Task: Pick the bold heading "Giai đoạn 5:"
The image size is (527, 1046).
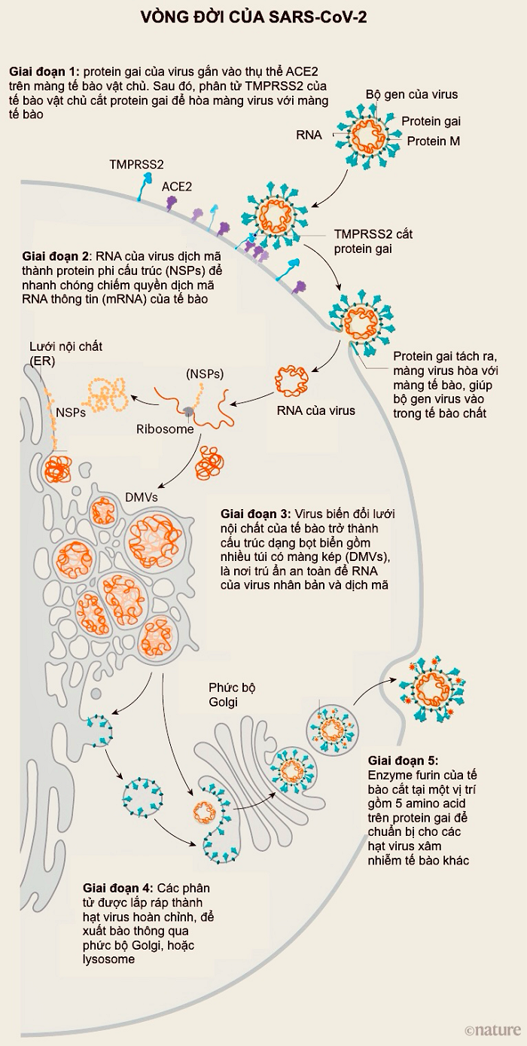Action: [x=402, y=761]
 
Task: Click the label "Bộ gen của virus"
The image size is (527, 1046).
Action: [x=412, y=94]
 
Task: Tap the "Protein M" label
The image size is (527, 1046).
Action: [x=434, y=141]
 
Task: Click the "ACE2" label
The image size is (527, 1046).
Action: [x=177, y=184]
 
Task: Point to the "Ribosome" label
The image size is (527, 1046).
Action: [x=165, y=429]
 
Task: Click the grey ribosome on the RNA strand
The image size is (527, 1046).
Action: [x=186, y=410]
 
